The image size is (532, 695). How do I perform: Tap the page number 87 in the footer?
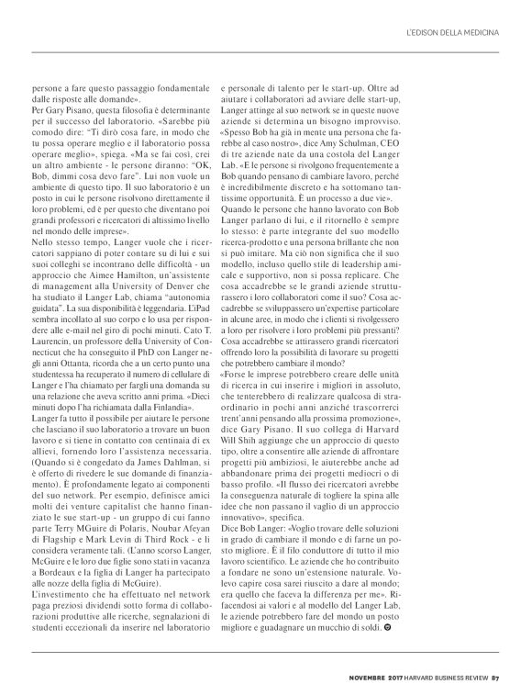pos(495,678)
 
